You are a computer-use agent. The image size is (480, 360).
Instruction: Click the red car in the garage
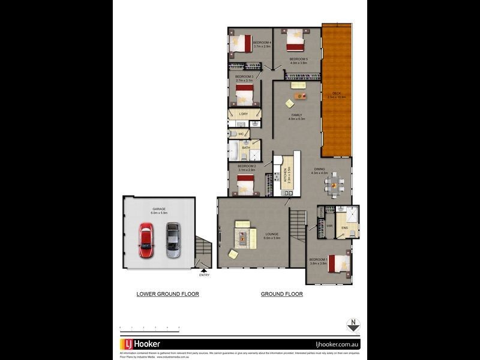pos(146,240)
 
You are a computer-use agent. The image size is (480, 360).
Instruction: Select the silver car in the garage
pos(173,240)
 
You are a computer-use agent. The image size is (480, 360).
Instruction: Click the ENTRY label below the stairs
pos(205,275)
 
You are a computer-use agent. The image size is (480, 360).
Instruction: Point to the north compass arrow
pos(354,325)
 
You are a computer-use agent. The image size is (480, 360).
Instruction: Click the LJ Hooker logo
pos(143,344)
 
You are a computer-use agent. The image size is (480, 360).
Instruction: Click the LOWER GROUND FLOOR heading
pos(168,294)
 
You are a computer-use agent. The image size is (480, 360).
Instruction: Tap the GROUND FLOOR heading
pos(281,294)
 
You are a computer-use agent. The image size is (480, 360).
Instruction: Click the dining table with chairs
pos(335,185)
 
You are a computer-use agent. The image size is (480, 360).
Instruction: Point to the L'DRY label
pos(244,114)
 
